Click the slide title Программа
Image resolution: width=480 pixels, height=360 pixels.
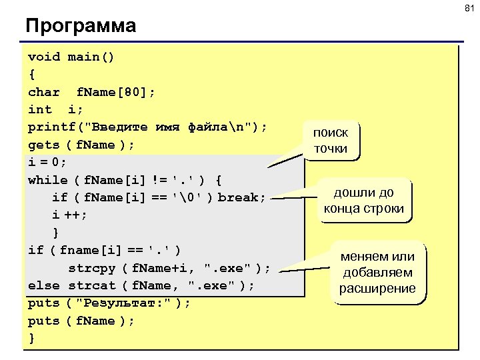[x=81, y=26]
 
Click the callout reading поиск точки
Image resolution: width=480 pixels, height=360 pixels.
[x=331, y=140]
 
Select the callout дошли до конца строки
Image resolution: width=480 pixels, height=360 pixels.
[x=363, y=201]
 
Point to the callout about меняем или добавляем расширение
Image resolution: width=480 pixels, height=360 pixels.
[x=377, y=273]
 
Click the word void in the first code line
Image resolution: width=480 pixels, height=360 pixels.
[x=44, y=57]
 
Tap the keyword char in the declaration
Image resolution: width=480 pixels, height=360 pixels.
[x=44, y=92]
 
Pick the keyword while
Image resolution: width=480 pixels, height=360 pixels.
[x=48, y=180]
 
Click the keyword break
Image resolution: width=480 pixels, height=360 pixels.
[x=241, y=197]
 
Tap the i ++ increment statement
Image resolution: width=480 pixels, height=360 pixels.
[x=70, y=215]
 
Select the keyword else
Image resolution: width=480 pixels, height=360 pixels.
[x=44, y=285]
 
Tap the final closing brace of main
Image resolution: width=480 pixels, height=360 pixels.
[x=31, y=338]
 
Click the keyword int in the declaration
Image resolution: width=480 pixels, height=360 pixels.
[x=40, y=109]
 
